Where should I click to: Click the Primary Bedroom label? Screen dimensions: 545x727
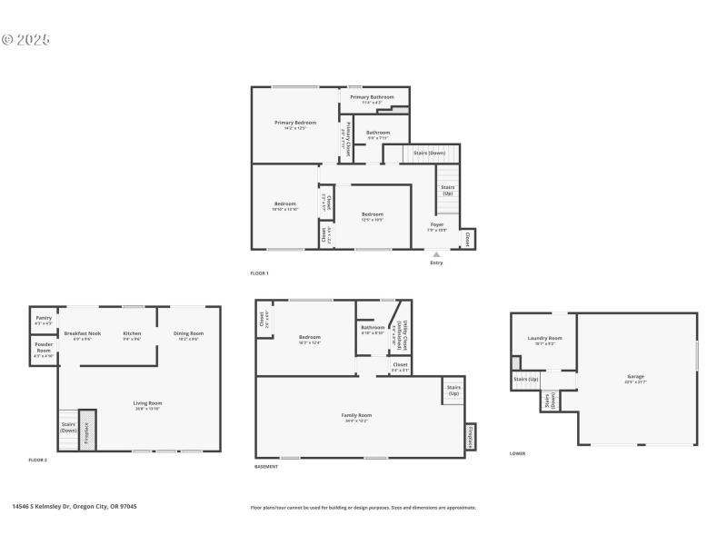pyautogui.click(x=295, y=124)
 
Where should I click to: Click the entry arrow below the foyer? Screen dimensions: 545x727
pyautogui.click(x=436, y=254)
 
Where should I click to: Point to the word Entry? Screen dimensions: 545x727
pyautogui.click(x=436, y=264)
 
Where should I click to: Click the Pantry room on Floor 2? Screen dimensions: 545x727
pyautogui.click(x=44, y=319)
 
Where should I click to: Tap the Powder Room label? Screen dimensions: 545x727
pyautogui.click(x=44, y=348)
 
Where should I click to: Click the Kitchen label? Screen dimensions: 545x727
pyautogui.click(x=132, y=333)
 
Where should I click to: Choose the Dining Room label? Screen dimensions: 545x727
pyautogui.click(x=188, y=333)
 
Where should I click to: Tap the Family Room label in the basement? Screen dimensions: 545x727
pyautogui.click(x=359, y=416)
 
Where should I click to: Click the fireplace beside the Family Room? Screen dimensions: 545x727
pyautogui.click(x=470, y=436)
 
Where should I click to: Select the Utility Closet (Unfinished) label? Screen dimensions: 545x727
pyautogui.click(x=399, y=338)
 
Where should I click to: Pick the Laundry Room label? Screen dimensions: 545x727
pyautogui.click(x=545, y=339)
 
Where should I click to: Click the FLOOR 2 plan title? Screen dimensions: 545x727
pyautogui.click(x=37, y=461)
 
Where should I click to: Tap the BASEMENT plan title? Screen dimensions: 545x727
pyautogui.click(x=266, y=467)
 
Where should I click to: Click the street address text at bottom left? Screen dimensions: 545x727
pyautogui.click(x=74, y=507)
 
